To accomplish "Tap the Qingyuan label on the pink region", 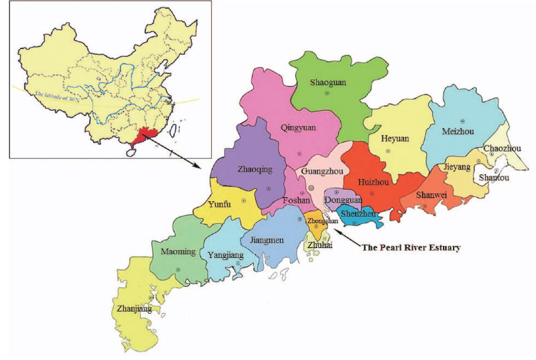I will point(300,127).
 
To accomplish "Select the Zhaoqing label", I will point(255,170).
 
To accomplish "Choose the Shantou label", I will point(494,178).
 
